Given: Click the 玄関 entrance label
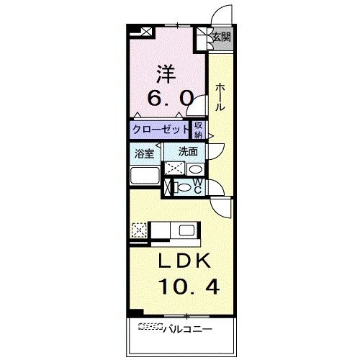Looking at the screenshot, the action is point(222,37).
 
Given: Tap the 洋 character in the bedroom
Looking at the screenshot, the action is point(166,73).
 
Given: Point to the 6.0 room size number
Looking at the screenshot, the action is point(171,98).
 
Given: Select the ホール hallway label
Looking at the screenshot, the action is point(220,96).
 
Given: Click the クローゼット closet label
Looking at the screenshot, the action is point(161,130).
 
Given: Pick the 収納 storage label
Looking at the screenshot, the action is point(198,130).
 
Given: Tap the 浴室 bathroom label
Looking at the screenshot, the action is point(144,153).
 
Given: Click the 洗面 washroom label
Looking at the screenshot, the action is point(188,152).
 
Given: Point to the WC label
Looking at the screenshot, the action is point(197,186).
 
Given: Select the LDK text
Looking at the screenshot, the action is point(184,261).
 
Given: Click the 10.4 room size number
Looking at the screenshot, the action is point(189,287).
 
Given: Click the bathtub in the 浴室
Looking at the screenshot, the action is point(145,176).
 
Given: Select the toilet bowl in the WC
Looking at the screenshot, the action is point(183,187).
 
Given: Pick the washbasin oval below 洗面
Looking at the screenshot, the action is point(195,169).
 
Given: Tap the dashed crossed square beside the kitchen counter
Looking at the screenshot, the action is point(139,230).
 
